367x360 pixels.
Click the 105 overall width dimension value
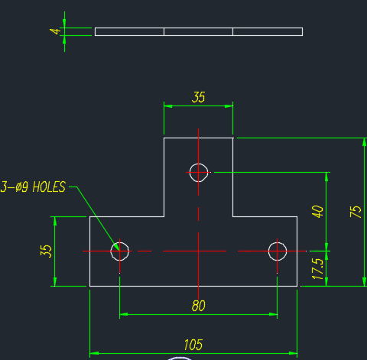193,345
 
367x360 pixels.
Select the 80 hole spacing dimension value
198,306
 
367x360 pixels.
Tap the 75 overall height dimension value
356,212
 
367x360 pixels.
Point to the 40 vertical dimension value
317,212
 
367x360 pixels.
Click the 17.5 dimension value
317,269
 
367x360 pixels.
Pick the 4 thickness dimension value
55,31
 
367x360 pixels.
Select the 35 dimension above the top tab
198,97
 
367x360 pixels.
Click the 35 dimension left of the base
46,251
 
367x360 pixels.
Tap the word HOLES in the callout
49,186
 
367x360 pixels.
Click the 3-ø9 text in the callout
15,186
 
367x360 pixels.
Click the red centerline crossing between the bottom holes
198,251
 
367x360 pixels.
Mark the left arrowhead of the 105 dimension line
94,353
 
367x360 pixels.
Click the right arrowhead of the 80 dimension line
273,314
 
